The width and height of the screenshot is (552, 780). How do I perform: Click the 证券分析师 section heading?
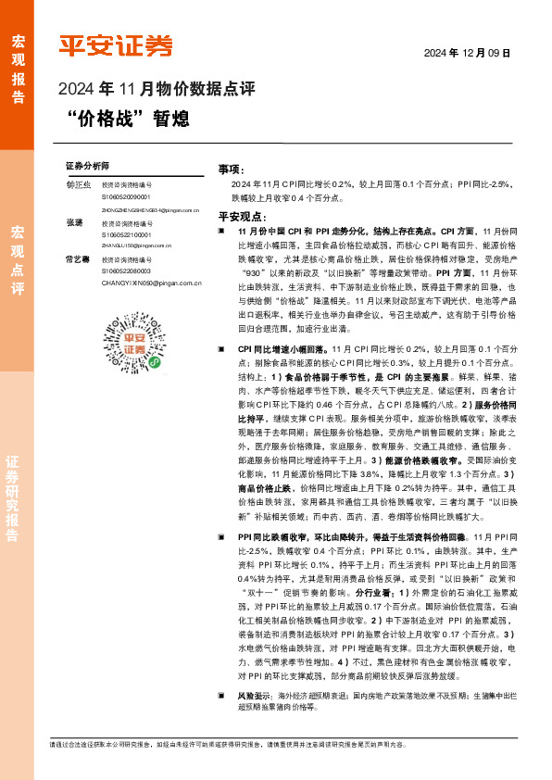[x=88, y=164]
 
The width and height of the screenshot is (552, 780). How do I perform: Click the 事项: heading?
[x=231, y=170]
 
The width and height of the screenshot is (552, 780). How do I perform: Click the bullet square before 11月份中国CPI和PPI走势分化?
[x=221, y=229]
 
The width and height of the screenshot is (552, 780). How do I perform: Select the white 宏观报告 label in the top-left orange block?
[x=18, y=69]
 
